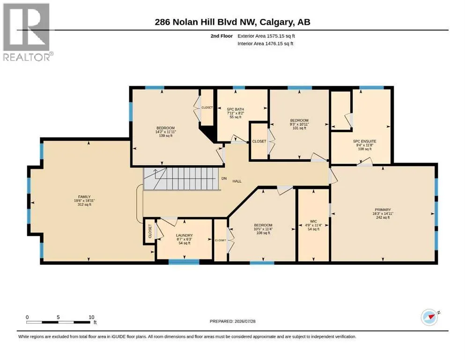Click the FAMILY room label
[84, 197]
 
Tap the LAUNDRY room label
[184, 235]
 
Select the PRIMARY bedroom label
[383, 210]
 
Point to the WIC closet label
[313, 221]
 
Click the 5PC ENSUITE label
[364, 141]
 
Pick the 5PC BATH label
[236, 109]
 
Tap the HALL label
[237, 181]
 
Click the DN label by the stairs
[224, 179]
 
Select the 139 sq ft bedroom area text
[166, 135]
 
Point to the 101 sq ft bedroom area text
[299, 128]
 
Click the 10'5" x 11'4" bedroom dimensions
[263, 229]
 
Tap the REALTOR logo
[27, 32]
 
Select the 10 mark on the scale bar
[91, 317]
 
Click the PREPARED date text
[232, 321]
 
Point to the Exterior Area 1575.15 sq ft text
[266, 36]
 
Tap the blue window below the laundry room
[184, 262]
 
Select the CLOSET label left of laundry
[150, 231]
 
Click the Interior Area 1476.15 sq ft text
[266, 43]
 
